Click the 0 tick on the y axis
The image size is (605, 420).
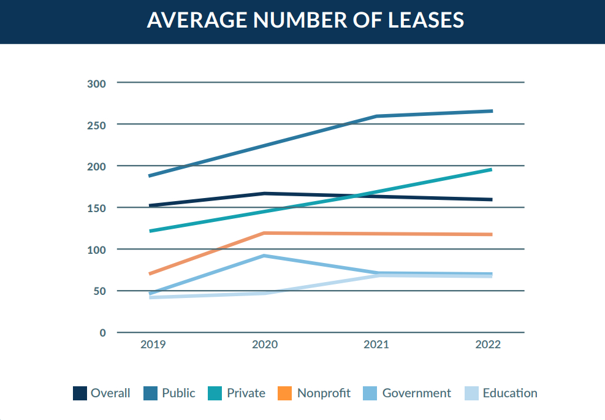tap(102, 333)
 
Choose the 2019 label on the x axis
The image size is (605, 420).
tap(153, 345)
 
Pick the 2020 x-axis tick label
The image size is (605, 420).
tap(265, 345)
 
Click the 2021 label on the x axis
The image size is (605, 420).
tap(376, 345)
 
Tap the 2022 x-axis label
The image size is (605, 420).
tap(488, 345)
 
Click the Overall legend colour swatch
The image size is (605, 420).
tap(80, 394)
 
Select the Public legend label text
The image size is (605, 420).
tap(178, 393)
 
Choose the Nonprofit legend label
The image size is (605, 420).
tap(324, 393)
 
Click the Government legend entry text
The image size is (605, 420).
tap(416, 393)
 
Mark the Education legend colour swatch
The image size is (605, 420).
tap(472, 394)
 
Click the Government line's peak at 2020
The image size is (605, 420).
tap(264, 256)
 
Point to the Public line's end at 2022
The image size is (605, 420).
tap(492, 111)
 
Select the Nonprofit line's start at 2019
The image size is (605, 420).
tap(150, 273)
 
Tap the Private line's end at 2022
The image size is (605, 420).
tap(492, 169)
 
